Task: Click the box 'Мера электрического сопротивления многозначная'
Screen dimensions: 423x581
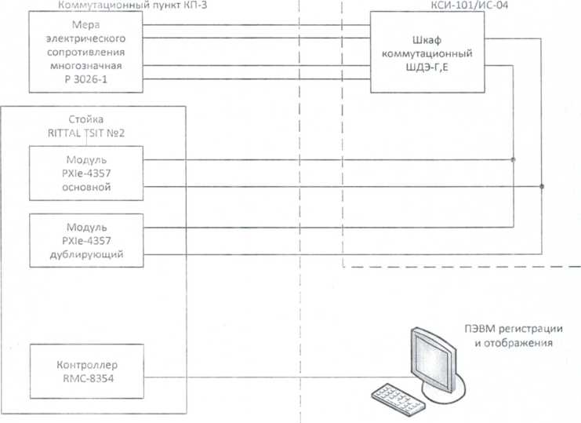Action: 85,50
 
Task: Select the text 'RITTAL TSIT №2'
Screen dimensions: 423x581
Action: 86,132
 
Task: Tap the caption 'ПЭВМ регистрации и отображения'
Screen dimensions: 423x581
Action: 518,336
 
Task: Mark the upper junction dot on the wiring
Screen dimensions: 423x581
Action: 514,160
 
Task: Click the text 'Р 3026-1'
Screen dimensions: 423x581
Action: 85,79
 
